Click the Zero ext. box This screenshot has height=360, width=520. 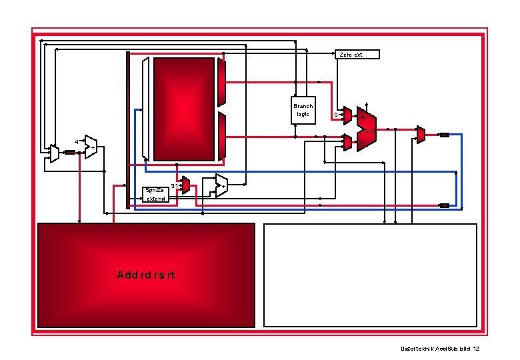357,54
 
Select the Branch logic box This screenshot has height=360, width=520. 303,110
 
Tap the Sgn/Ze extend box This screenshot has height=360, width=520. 155,194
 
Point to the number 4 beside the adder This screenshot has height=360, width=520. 76,142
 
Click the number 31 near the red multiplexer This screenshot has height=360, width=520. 174,185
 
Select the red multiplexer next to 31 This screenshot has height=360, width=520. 185,185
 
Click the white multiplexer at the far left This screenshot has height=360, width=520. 54,154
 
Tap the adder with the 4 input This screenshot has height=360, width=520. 90,147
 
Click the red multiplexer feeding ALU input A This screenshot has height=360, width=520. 347,115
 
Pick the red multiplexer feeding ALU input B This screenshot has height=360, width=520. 347,141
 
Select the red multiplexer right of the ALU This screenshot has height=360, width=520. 421,134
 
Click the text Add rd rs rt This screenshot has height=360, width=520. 145,275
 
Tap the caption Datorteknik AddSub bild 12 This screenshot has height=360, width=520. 440,349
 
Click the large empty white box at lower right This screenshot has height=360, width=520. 371,275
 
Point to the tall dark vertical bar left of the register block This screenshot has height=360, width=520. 128,130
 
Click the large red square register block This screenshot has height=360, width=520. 184,109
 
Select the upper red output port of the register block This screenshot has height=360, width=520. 222,82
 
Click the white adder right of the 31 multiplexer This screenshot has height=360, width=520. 221,186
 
